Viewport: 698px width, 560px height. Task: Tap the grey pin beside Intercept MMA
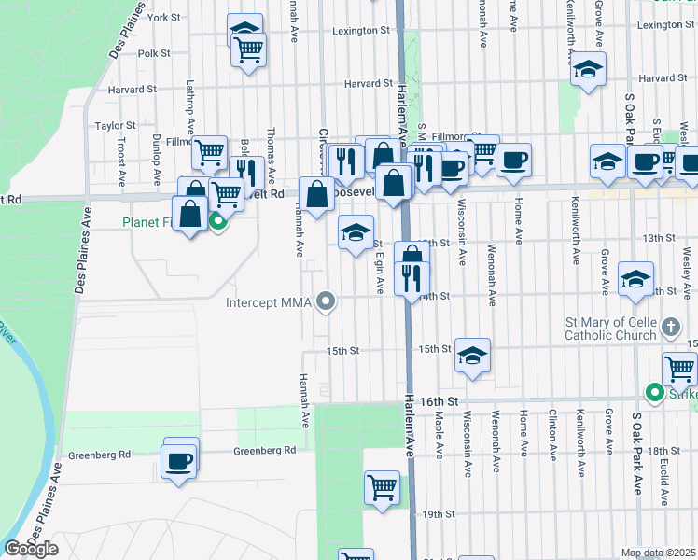pos(326,301)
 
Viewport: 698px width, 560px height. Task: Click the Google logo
pos(31,549)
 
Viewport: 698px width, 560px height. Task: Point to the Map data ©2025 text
pos(658,553)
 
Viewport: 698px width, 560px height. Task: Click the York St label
pos(163,18)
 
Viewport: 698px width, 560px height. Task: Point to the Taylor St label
pos(116,125)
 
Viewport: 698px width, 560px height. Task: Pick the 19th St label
pos(431,514)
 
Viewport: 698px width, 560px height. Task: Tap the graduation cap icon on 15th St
pos(473,356)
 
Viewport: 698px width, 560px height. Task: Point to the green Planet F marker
pos(218,221)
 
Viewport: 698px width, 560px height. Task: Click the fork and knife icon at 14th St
pos(412,277)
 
